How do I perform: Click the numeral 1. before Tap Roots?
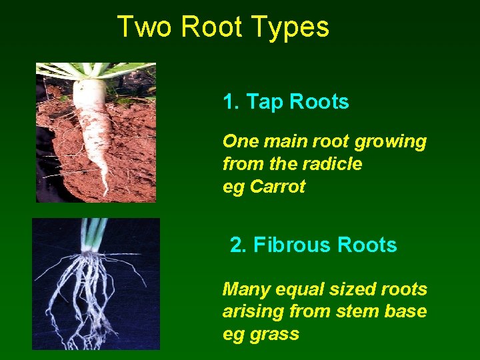click(231, 102)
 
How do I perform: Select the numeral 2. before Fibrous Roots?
click(238, 245)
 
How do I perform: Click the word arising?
click(252, 312)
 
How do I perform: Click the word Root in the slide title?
click(212, 27)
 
